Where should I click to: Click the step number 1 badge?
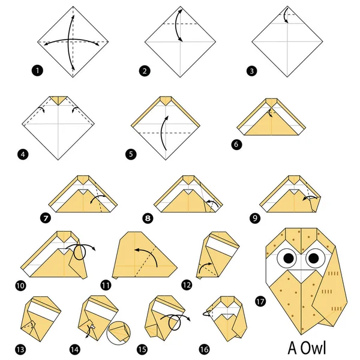click(x=38, y=72)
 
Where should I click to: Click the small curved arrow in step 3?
click(x=286, y=16)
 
